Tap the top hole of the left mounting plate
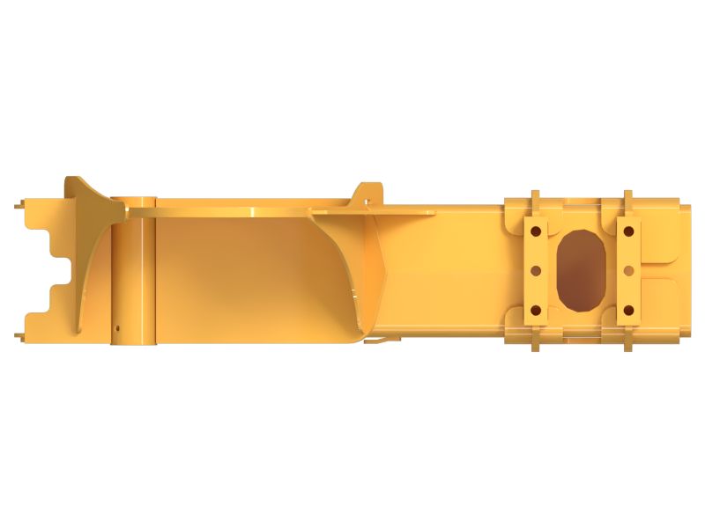(534, 231)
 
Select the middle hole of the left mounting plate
(534, 270)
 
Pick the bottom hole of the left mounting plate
(534, 310)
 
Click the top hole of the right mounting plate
(628, 231)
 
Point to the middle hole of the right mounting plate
(628, 270)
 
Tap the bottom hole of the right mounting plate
(628, 310)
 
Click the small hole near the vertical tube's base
(116, 331)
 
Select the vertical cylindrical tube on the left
(134, 273)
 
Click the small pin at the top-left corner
(19, 207)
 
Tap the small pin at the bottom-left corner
(19, 334)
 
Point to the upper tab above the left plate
(534, 199)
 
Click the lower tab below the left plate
(534, 342)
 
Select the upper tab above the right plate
(627, 199)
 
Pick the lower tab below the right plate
(627, 342)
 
